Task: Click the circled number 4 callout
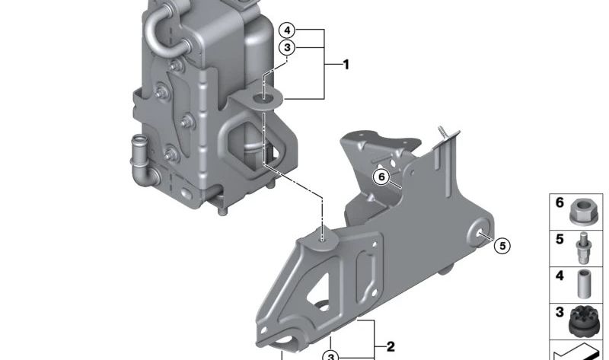point(287,30)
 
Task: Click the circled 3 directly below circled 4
point(287,48)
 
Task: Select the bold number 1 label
point(346,64)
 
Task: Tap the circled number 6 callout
point(381,177)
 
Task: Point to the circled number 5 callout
point(502,246)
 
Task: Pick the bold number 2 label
point(391,346)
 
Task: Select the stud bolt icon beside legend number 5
point(584,248)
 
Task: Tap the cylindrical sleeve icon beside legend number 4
point(584,285)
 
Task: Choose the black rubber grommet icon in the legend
point(584,320)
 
